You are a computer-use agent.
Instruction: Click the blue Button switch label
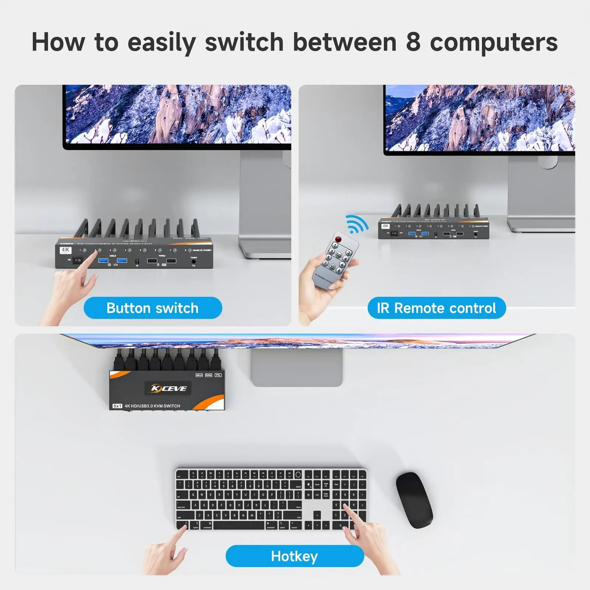(153, 308)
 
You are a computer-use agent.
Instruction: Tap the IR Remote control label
(437, 308)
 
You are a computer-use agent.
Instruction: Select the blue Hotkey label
(294, 556)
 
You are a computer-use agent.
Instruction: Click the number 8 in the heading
(413, 42)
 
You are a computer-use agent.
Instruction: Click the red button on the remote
(338, 239)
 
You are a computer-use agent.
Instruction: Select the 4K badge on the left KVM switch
(66, 250)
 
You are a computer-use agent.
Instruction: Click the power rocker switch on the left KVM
(77, 260)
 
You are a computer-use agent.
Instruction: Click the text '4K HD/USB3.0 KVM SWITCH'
(152, 406)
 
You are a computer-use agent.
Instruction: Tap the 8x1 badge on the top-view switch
(117, 406)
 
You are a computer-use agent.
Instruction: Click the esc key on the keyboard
(179, 475)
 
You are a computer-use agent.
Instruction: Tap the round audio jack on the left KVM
(194, 261)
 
